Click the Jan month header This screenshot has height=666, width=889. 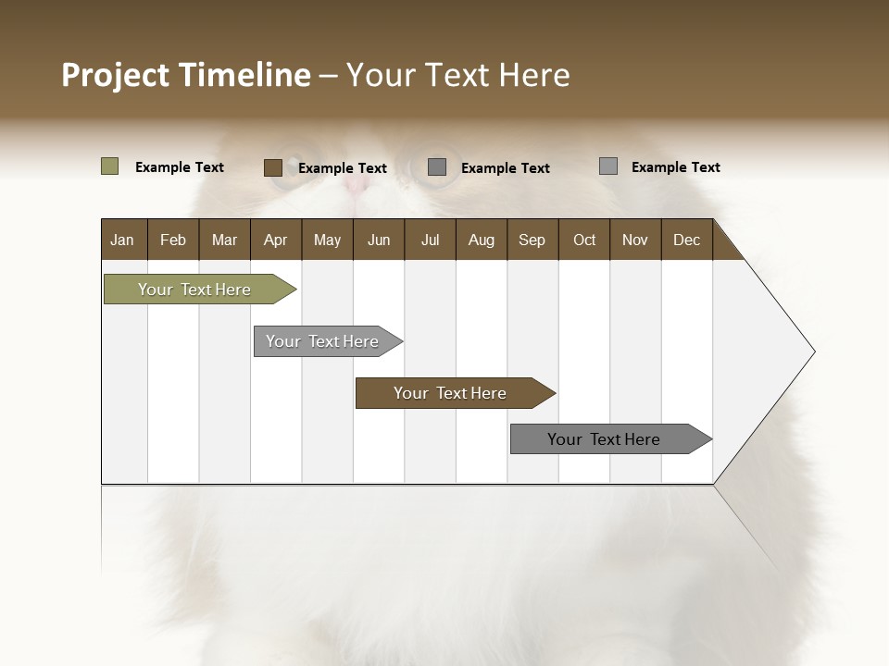coord(122,240)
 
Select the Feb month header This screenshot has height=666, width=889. coord(173,240)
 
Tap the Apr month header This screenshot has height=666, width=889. coord(275,240)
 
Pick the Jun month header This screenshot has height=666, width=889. coord(379,240)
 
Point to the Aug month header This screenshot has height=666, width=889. coord(481,240)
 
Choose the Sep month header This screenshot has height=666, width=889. coord(532,240)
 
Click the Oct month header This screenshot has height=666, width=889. coord(584,240)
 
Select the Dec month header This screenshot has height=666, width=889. coord(686,240)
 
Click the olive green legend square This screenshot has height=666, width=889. coord(109,166)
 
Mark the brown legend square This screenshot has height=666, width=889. coord(272,167)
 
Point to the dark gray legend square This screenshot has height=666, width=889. coord(437,166)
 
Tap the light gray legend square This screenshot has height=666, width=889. coord(607,166)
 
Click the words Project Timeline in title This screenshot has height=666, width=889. coord(185,75)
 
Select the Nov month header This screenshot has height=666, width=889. coord(635,240)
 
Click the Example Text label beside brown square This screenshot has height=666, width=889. coord(343,168)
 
